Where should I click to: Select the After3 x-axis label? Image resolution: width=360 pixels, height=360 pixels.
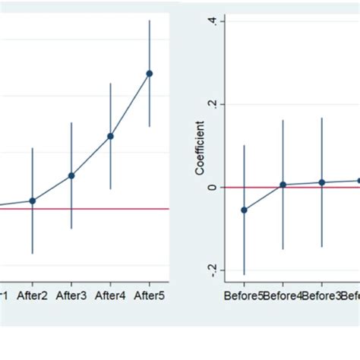[71, 295]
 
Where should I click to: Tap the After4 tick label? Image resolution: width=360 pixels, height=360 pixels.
[111, 295]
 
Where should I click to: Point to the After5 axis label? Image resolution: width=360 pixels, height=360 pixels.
[150, 295]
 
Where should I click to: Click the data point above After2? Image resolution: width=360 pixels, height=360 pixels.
[32, 201]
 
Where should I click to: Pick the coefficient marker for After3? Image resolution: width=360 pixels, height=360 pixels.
[71, 175]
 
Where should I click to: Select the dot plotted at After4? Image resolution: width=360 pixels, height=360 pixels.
[111, 137]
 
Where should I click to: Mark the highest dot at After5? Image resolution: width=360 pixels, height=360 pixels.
[150, 74]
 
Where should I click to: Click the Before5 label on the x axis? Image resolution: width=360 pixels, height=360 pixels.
[243, 295]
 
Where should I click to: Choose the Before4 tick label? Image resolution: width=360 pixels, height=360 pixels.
[283, 295]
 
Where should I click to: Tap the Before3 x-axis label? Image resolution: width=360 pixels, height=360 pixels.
[321, 295]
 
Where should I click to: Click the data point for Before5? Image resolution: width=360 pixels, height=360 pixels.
[244, 210]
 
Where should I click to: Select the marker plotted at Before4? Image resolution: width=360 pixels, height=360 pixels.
[283, 185]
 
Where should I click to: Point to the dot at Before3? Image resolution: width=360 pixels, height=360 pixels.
[322, 182]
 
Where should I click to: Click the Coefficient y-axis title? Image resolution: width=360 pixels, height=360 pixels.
[199, 147]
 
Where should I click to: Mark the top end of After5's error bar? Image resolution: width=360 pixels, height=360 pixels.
[150, 20]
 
